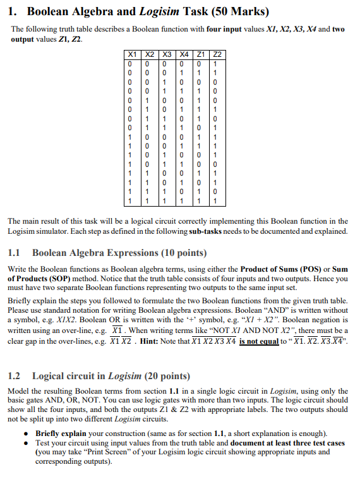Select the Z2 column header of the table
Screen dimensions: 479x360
(219, 55)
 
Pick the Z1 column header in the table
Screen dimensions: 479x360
(201, 55)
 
